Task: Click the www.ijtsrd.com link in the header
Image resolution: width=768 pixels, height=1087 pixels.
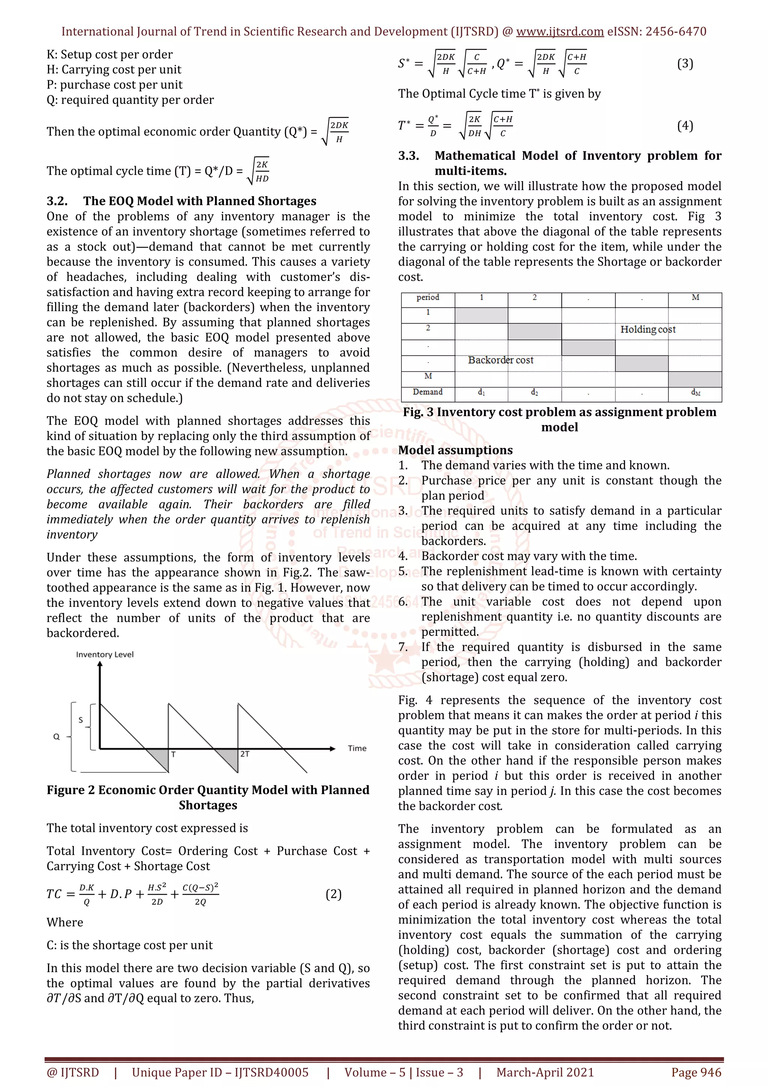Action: [x=559, y=32]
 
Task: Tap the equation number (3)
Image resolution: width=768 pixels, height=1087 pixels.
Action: [x=685, y=63]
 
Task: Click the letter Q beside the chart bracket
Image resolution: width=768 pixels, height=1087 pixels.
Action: [x=56, y=737]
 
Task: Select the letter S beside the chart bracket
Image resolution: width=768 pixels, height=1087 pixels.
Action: [x=81, y=720]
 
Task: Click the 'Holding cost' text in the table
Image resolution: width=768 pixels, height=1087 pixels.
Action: [x=647, y=329]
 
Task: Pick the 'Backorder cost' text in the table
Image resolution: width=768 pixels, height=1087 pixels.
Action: [x=500, y=360]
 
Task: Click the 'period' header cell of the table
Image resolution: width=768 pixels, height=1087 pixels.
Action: [x=428, y=297]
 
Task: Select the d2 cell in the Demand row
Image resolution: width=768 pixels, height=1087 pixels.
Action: [x=534, y=392]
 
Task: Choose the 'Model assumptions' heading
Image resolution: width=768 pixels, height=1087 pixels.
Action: [x=455, y=450]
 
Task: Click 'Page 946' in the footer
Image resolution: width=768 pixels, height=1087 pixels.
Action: [x=696, y=1072]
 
